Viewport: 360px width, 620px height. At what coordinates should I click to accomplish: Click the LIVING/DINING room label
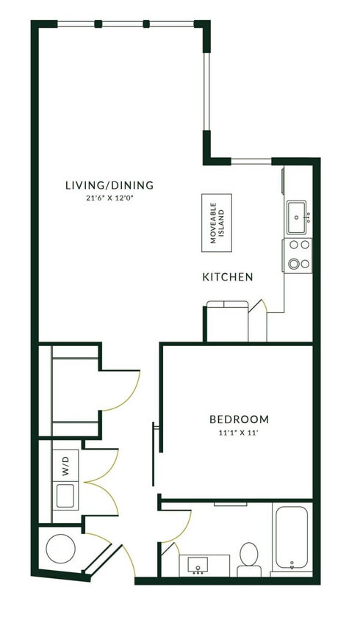[109, 185]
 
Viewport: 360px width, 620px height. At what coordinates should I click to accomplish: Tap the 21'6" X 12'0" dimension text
[109, 198]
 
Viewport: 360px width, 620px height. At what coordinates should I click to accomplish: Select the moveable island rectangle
[217, 223]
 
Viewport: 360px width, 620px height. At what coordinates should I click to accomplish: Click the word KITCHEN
[228, 277]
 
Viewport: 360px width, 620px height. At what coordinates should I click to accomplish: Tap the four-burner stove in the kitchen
[298, 254]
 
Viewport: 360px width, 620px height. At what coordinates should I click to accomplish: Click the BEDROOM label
[239, 419]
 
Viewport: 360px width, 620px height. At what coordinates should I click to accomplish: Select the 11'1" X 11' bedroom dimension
[239, 432]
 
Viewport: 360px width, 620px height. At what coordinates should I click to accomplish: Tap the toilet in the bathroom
[249, 558]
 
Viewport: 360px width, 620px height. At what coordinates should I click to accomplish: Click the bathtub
[292, 538]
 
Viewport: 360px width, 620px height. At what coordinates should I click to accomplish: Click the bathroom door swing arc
[181, 526]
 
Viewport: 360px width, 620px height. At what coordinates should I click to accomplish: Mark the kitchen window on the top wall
[251, 161]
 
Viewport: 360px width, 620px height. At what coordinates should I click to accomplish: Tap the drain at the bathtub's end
[292, 566]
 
